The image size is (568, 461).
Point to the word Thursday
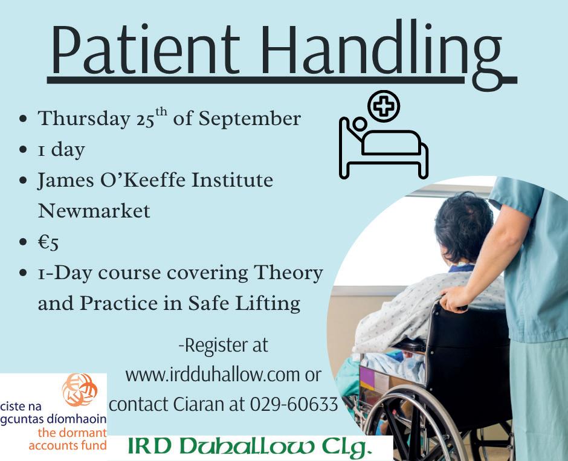[84, 119]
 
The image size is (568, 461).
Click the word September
[250, 119]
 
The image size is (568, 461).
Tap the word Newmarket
[94, 210]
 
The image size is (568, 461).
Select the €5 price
[48, 242]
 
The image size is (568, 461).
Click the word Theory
[288, 274]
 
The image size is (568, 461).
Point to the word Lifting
[268, 303]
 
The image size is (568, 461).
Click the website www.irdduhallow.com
[212, 375]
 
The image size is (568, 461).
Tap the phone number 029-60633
[294, 404]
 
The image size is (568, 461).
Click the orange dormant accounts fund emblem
[79, 390]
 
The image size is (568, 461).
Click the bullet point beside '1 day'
[23, 150]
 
